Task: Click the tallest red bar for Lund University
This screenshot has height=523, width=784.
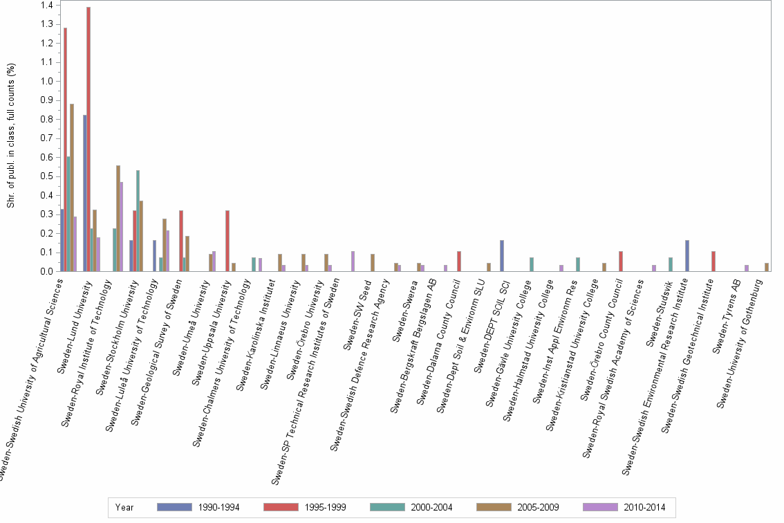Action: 88,138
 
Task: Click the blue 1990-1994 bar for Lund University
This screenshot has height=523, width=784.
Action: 84,193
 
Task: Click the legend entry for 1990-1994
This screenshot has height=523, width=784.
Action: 198,507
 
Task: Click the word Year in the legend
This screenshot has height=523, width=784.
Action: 124,507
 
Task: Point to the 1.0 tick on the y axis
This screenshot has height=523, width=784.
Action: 46,81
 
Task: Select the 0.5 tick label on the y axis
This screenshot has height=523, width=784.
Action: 46,176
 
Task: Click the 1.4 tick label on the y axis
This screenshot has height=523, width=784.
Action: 46,6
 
